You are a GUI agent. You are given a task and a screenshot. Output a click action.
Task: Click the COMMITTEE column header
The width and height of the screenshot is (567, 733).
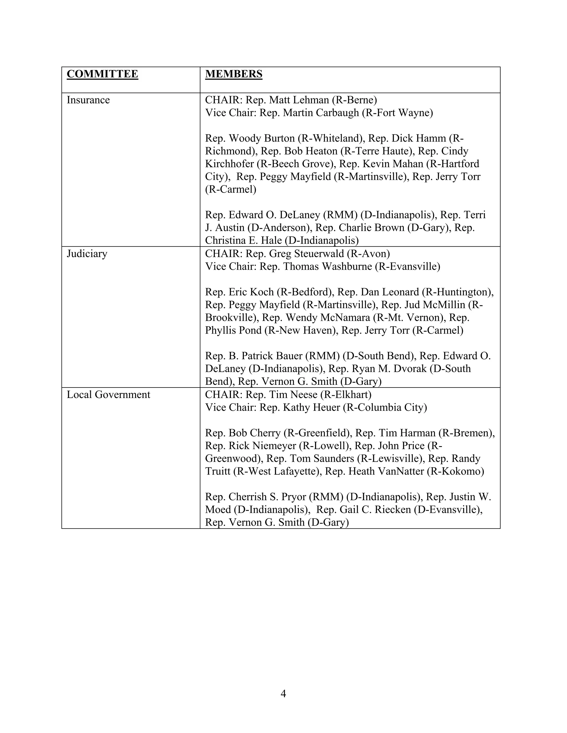point(102,74)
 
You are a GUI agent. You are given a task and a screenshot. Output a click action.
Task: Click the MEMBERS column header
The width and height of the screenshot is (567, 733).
point(233,74)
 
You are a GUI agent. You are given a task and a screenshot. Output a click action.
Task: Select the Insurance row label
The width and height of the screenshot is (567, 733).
point(88,100)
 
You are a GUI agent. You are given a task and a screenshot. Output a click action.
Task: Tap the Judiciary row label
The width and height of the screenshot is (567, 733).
point(87,253)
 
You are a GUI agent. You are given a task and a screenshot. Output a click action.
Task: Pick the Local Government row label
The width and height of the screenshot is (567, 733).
point(108,394)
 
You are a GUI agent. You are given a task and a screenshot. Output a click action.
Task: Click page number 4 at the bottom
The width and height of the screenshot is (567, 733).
point(283,694)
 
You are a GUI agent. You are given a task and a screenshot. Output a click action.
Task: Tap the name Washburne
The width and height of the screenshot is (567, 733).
point(347,266)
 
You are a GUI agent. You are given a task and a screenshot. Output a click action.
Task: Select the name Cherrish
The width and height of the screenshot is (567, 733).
point(248,497)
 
